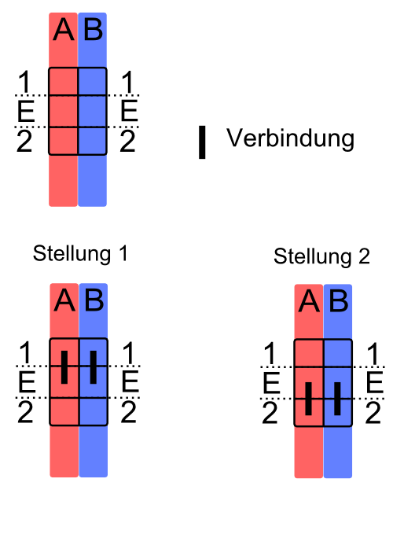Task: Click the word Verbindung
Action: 290,138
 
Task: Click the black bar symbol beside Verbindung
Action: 202,142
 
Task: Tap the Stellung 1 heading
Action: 80,253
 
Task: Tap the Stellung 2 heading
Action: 321,256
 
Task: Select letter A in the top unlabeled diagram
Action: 64,29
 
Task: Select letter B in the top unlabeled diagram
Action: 94,29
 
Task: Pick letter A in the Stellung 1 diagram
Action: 64,300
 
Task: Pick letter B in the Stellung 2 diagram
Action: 339,300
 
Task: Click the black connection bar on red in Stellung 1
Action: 64,367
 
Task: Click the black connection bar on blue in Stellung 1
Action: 94,367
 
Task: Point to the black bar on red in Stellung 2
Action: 309,399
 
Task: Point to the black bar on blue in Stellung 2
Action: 337,399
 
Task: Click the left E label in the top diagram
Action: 26,111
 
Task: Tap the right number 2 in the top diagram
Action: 127,141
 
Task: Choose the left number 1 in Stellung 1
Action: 25,352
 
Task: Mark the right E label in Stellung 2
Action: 375,383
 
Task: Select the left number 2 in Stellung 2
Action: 270,413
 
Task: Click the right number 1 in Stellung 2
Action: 373,354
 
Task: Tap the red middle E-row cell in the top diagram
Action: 64,111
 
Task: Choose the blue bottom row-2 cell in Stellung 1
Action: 94,411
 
